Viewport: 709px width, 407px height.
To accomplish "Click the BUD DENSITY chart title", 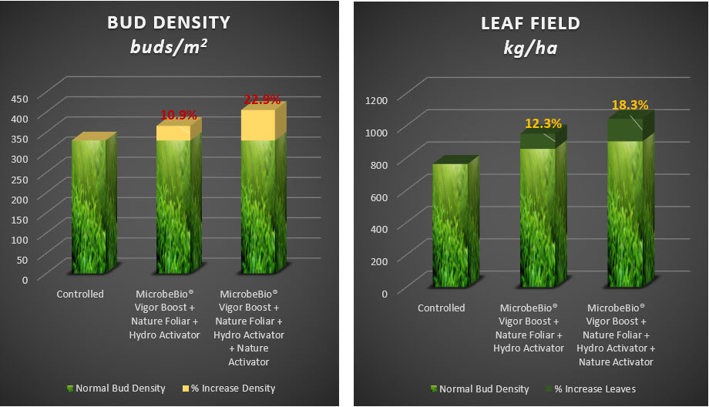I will pos(170,23).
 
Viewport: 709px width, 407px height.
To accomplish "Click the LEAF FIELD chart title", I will pos(526,23).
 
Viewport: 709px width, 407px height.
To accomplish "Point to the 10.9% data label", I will pos(178,115).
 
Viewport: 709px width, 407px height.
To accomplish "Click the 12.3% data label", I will pos(543,123).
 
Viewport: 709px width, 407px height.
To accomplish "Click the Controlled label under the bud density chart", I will pos(80,294).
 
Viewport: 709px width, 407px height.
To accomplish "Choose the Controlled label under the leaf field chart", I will pos(442,308).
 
